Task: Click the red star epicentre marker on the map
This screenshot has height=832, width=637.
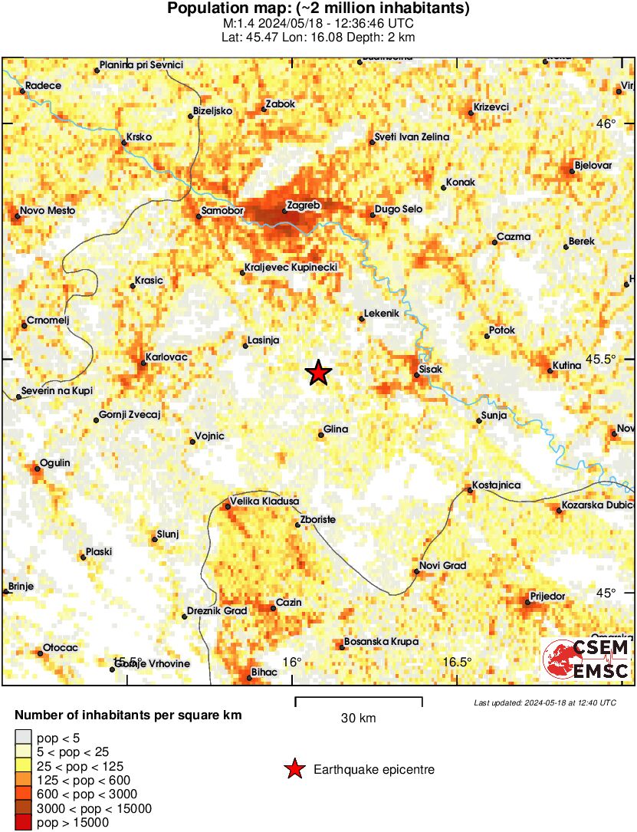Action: pos(319,373)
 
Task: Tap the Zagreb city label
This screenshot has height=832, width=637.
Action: pos(303,206)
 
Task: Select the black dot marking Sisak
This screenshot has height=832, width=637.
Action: pos(416,374)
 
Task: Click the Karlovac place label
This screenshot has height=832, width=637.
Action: pos(166,357)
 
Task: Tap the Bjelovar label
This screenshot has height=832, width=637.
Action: pos(593,166)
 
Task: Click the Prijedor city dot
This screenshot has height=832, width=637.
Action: pos(527,602)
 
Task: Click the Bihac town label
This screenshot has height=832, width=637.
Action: pos(265,673)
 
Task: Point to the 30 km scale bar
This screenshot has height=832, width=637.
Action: pos(359,699)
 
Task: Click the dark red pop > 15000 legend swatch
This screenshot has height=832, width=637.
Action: pos(23,823)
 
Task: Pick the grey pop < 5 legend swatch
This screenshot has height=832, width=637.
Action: pos(23,738)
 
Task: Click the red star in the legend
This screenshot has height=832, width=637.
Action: pos(294,769)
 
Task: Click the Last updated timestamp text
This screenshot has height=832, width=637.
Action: pos(544,702)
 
